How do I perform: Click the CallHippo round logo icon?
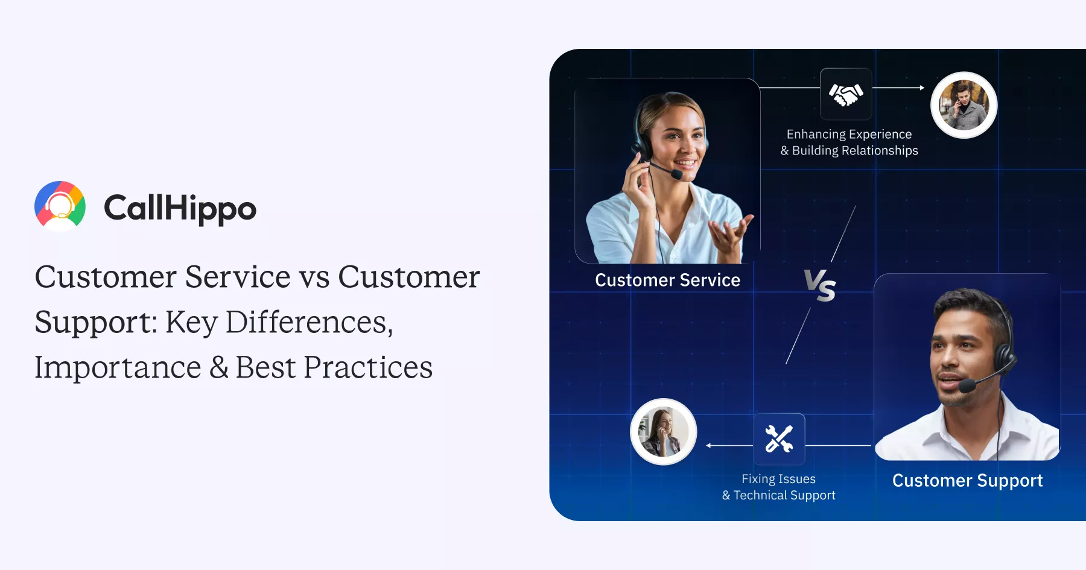pos(60,206)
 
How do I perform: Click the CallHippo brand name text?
pos(180,209)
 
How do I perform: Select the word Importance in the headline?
pos(118,367)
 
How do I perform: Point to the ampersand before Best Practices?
pos(219,367)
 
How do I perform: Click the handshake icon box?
pos(846,94)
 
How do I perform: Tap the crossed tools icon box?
pos(779,439)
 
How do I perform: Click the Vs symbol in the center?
pos(820,285)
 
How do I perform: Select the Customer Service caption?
pos(667,280)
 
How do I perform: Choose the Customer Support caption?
pos(967,480)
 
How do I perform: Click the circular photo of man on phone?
pos(964,105)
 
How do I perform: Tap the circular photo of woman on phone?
pos(663,431)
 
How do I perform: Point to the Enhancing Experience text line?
pos(849,135)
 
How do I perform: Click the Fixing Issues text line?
pos(778,479)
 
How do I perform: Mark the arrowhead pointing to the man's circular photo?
pos(922,88)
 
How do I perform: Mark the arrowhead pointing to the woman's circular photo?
pos(708,446)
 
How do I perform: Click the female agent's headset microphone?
pos(677,174)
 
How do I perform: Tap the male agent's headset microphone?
pos(967,385)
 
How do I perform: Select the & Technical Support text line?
pos(778,495)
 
